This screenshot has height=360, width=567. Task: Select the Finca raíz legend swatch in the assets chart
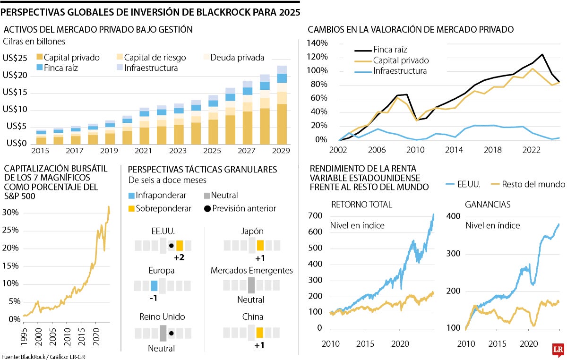(x=39, y=68)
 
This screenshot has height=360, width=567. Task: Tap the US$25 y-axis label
(x=15, y=58)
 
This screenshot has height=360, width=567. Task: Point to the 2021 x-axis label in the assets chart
(x=144, y=150)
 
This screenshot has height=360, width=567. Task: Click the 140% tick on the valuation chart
(x=317, y=43)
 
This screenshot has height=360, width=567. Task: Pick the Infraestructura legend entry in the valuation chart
(x=400, y=71)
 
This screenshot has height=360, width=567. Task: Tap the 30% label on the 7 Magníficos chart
(x=11, y=213)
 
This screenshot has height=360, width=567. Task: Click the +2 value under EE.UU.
(x=179, y=257)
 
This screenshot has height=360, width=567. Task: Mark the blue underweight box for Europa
(x=154, y=285)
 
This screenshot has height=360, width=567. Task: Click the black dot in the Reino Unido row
(x=171, y=333)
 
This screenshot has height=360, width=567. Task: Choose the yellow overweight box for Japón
(x=260, y=245)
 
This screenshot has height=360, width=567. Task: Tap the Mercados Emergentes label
(x=251, y=271)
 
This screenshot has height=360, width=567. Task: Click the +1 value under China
(x=260, y=345)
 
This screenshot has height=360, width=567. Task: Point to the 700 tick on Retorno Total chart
(x=316, y=216)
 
